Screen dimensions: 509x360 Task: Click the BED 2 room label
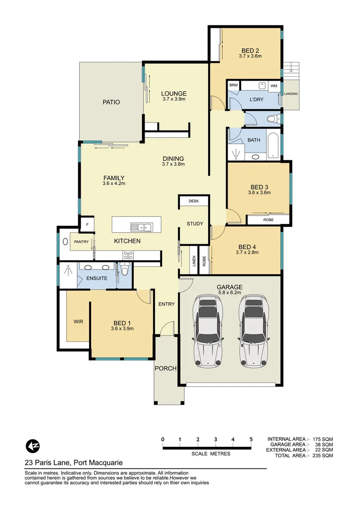(x=250, y=50)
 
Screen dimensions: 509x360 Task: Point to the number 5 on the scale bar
(x=251, y=439)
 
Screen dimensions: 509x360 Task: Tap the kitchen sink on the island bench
(x=142, y=227)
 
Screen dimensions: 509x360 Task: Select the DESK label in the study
(x=194, y=201)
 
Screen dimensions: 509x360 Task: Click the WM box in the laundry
(x=274, y=86)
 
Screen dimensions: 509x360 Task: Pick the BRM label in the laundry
(x=234, y=85)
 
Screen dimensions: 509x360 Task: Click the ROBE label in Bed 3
(x=268, y=220)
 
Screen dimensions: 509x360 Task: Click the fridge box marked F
(x=87, y=225)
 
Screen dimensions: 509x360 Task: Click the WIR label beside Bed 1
(x=78, y=322)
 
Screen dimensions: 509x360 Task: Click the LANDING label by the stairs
(x=291, y=94)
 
